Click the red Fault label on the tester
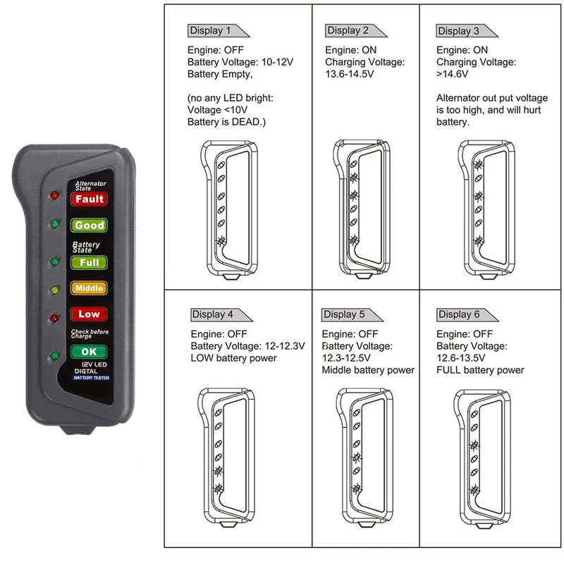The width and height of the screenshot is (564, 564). tap(90, 200)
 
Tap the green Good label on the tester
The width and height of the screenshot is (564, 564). tap(90, 226)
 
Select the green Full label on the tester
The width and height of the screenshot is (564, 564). tap(90, 262)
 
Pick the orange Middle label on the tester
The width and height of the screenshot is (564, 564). tap(90, 288)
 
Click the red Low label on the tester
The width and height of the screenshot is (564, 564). tap(90, 314)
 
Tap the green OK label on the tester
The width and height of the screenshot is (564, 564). tap(90, 351)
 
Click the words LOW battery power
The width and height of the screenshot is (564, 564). tap(233, 357)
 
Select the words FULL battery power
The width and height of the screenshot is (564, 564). tap(480, 369)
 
